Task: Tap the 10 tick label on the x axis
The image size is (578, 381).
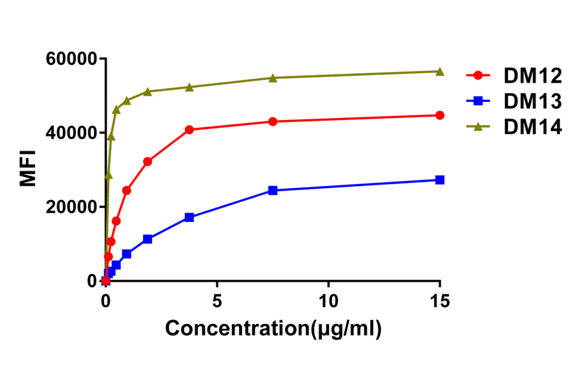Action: coord(328,300)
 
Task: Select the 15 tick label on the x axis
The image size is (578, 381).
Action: coord(440,300)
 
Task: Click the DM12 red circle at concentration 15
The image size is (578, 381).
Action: coord(440,115)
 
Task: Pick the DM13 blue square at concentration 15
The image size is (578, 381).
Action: coord(440,180)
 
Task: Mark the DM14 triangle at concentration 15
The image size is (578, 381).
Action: coord(440,71)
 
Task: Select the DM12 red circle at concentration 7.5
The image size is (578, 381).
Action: coord(273,121)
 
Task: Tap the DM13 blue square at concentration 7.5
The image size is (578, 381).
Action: coord(273,190)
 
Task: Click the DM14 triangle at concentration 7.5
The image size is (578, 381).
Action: coord(273,78)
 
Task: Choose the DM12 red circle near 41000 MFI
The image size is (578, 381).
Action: coord(189,130)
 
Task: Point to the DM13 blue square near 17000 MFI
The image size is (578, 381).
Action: coord(189,217)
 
